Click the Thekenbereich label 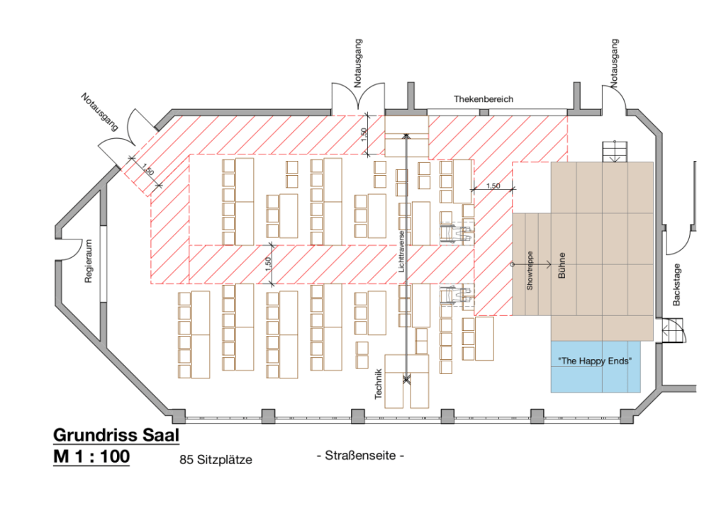[484, 99]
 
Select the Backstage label [676, 283]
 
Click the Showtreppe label [529, 270]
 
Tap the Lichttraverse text [401, 253]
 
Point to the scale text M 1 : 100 [91, 457]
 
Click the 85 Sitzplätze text [216, 460]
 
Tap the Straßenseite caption [360, 455]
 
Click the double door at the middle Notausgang [358, 98]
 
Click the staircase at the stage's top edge [615, 152]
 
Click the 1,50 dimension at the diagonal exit [147, 170]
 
